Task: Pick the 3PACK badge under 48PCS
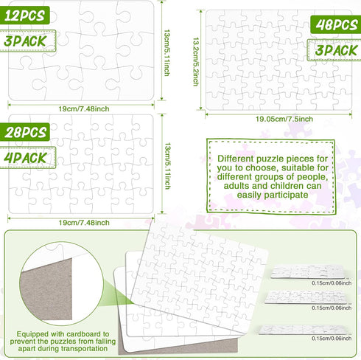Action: point(334,51)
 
